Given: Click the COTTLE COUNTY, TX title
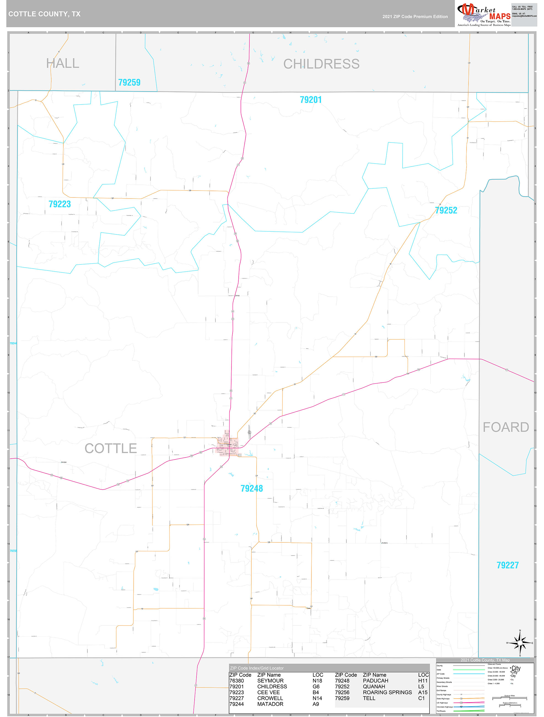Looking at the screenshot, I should (44, 14).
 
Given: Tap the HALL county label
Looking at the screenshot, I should (63, 63).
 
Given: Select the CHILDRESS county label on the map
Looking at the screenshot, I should (321, 64).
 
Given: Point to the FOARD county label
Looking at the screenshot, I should (505, 427).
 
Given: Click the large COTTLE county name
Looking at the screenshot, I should (111, 448).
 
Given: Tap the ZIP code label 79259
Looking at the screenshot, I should (129, 82).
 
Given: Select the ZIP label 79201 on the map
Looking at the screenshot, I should (310, 100).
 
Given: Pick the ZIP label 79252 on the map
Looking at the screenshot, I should (446, 210).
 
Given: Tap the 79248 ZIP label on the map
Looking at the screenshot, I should (251, 488).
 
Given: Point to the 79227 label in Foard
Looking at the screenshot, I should (507, 565).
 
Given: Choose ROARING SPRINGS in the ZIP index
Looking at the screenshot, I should (387, 692).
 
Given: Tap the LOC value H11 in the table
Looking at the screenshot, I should (422, 681).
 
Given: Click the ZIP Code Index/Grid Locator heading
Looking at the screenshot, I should (257, 668).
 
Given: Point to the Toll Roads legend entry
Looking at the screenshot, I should (441, 711).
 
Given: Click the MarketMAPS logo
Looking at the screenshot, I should (484, 15).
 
